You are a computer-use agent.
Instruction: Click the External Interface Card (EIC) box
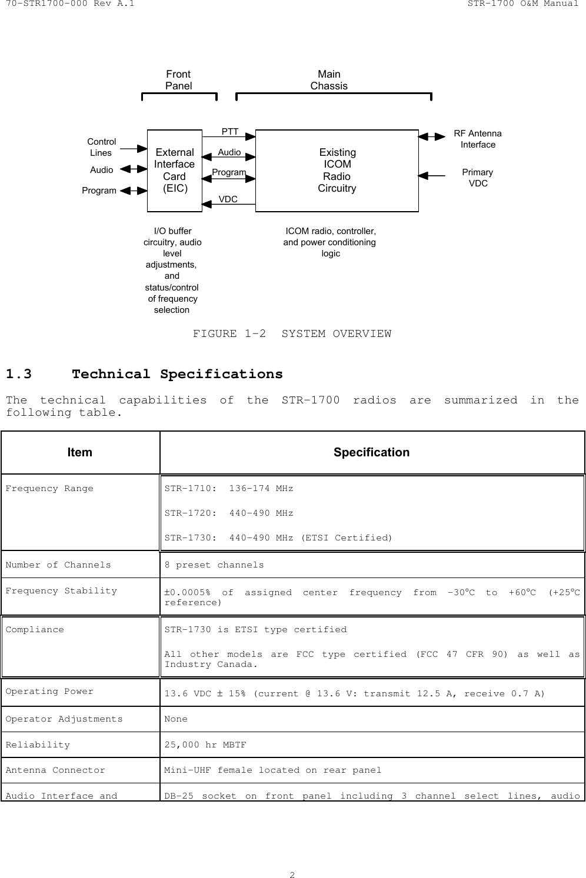(x=174, y=171)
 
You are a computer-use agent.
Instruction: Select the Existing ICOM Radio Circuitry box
(x=337, y=171)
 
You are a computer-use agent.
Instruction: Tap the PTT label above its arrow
(x=230, y=131)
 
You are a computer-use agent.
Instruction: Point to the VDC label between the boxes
(x=228, y=199)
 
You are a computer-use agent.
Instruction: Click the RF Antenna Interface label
(x=478, y=139)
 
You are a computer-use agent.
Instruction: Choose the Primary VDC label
(x=478, y=178)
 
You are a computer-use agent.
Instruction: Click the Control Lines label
(x=101, y=147)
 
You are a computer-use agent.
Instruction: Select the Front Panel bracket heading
(x=178, y=80)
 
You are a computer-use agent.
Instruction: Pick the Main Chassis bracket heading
(x=329, y=80)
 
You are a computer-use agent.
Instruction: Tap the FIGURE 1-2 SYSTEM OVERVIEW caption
(x=292, y=334)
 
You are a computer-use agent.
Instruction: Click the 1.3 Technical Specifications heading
(x=144, y=375)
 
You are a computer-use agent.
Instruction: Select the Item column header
(x=79, y=452)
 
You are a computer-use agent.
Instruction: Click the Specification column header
(x=371, y=452)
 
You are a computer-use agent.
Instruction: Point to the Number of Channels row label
(x=58, y=565)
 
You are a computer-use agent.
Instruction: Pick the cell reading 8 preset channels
(x=214, y=565)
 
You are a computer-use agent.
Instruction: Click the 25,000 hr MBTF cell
(x=205, y=745)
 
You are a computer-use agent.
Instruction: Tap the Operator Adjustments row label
(x=64, y=719)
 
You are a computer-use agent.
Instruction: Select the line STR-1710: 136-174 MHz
(x=228, y=489)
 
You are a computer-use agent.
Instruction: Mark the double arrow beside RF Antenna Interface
(x=432, y=136)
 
